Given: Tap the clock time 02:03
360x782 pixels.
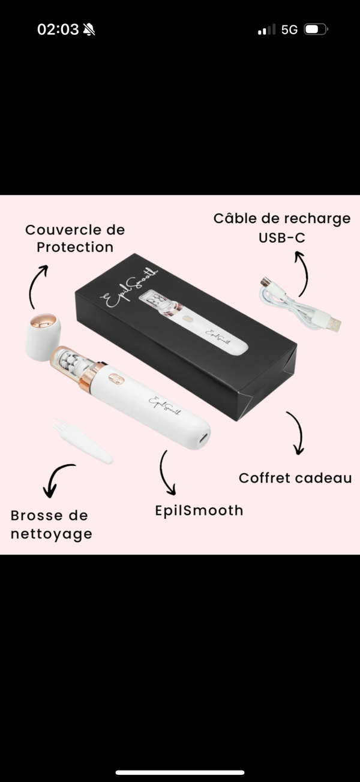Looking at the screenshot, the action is (58, 29).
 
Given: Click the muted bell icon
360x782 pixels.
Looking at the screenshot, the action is (89, 29).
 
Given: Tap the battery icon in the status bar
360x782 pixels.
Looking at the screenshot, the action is (316, 29).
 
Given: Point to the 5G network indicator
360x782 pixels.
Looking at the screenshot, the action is (289, 29).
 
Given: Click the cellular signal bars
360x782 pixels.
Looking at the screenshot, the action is (267, 29).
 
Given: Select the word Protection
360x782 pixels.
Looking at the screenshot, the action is (75, 247).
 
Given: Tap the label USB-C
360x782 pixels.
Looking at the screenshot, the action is (282, 237).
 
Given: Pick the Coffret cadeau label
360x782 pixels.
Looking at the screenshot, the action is (295, 478).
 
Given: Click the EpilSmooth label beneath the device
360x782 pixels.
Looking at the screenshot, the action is (199, 511).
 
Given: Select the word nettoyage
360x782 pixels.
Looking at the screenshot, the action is (52, 534).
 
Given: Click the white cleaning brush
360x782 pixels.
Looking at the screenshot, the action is (83, 441).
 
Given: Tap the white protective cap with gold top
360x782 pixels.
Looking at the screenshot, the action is (43, 336).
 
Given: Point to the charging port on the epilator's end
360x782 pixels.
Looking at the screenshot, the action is (204, 437).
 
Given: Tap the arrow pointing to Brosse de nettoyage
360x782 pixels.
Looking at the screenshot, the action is (56, 477).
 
